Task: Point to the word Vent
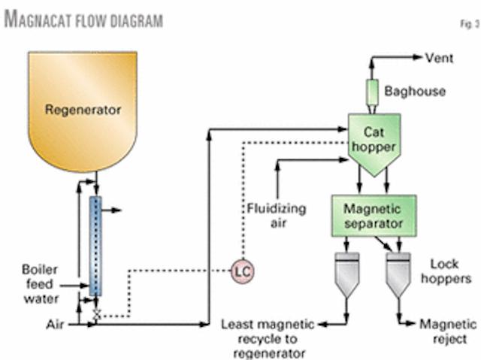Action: [x=439, y=58]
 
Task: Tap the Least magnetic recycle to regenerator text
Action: [x=271, y=338]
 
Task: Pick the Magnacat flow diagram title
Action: [x=83, y=20]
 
